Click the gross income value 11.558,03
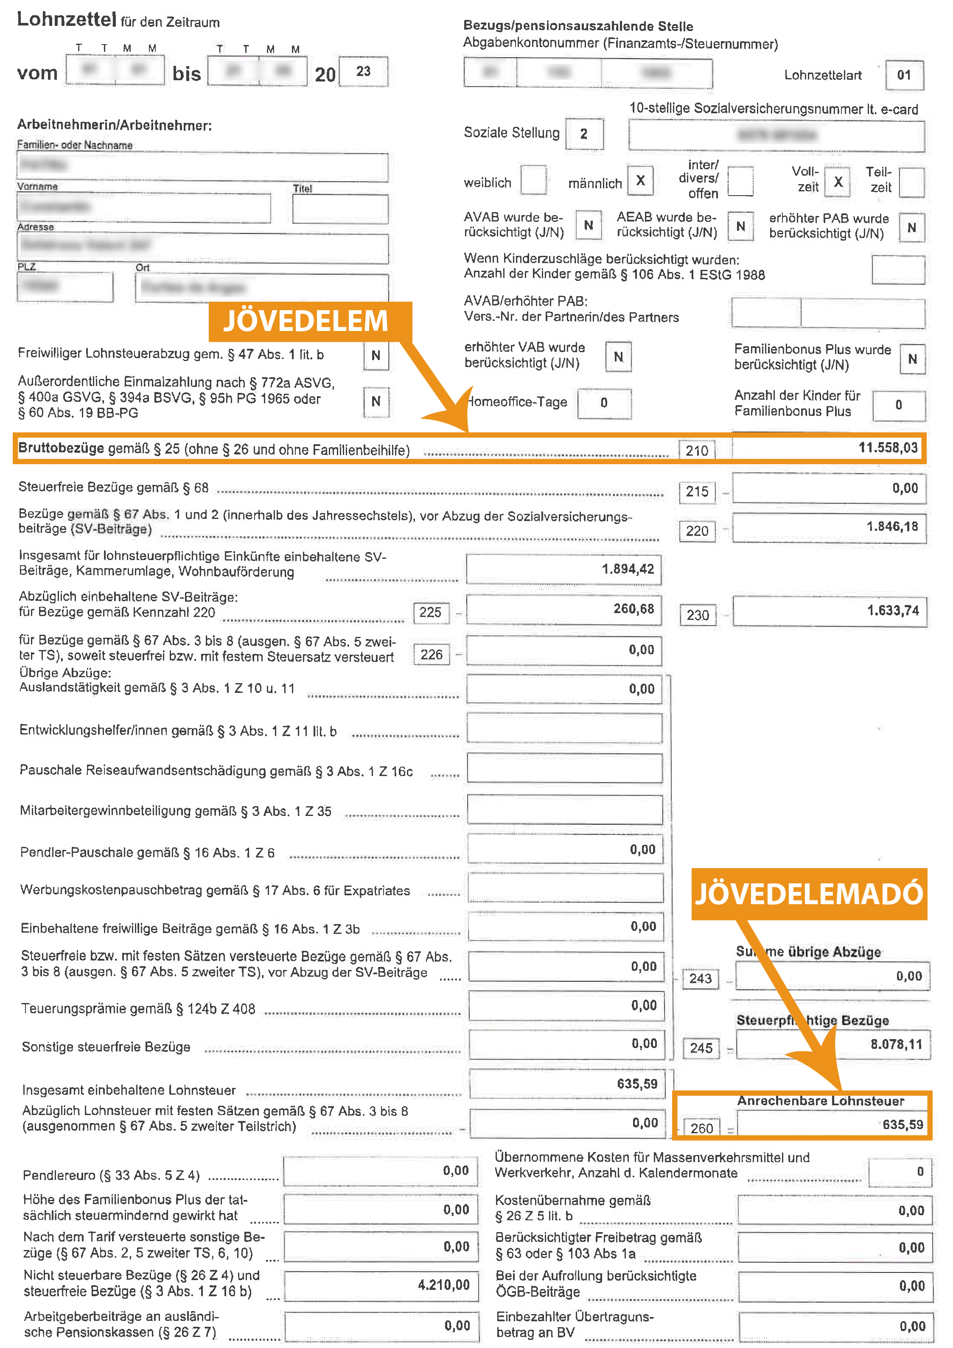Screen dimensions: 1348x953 coord(887,448)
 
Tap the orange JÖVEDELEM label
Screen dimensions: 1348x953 coord(306,321)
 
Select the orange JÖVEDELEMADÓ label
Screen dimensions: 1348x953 coord(809,894)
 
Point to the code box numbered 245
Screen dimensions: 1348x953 coord(701,1048)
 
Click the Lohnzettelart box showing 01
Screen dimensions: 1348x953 coord(904,75)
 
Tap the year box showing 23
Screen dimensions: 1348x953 coord(364,72)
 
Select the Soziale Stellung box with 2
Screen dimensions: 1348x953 coord(584,134)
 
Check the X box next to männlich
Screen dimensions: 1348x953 coord(641,181)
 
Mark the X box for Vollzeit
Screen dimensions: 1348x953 coord(838,182)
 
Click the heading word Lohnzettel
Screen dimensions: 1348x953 coord(66,20)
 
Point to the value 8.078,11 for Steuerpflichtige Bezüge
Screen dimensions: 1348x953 coord(896,1045)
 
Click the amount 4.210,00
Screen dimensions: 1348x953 coord(443,1285)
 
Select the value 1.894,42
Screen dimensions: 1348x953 coord(627,569)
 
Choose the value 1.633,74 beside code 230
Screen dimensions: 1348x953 coord(892,611)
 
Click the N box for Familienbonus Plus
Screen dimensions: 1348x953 coord(912,359)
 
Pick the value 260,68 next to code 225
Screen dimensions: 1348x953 coord(633,609)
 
